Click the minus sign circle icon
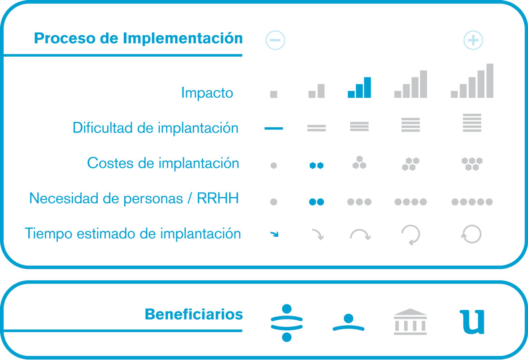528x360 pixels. click(x=275, y=40)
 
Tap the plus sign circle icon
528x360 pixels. click(x=473, y=40)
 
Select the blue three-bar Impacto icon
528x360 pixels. click(x=359, y=88)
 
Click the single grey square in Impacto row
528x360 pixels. click(x=274, y=94)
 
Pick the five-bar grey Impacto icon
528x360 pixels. click(x=472, y=81)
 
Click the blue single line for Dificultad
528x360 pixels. click(x=274, y=128)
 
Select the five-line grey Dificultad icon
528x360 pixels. click(x=472, y=123)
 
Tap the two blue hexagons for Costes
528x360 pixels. click(x=316, y=165)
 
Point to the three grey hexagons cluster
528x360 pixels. click(x=359, y=162)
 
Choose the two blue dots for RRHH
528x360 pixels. click(x=316, y=202)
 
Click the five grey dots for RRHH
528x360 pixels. click(x=472, y=202)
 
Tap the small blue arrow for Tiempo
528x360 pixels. click(x=275, y=234)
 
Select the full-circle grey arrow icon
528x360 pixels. click(x=471, y=234)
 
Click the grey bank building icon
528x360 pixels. click(x=410, y=322)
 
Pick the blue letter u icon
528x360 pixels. click(x=472, y=322)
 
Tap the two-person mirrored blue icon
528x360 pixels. click(x=286, y=323)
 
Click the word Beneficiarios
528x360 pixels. click(x=194, y=314)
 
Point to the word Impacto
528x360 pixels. click(x=207, y=93)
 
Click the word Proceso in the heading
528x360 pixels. click(x=65, y=38)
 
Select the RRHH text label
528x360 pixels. click(x=218, y=198)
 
